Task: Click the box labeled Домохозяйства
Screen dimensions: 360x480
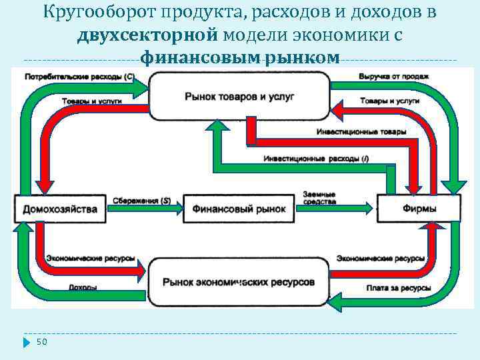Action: click(59, 209)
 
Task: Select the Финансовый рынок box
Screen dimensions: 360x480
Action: click(239, 209)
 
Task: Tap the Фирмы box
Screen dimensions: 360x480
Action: click(419, 209)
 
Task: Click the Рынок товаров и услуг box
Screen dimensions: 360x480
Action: click(239, 97)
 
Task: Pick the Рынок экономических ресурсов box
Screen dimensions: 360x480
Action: click(239, 283)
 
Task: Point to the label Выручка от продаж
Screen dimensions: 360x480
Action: click(393, 76)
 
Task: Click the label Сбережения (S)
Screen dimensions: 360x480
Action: click(141, 200)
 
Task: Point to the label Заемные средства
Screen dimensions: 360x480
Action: click(319, 197)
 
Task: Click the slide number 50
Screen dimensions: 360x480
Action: click(42, 342)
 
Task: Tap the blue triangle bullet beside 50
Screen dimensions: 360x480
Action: click(27, 342)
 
